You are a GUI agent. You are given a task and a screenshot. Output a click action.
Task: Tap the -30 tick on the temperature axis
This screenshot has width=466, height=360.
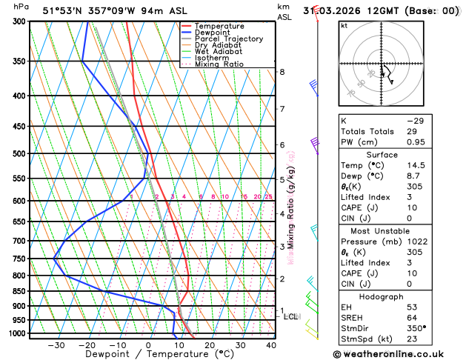(x=56, y=345)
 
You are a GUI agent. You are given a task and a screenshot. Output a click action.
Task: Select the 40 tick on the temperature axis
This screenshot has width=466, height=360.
(x=270, y=345)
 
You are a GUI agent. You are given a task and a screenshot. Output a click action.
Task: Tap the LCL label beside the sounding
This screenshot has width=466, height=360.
(x=291, y=317)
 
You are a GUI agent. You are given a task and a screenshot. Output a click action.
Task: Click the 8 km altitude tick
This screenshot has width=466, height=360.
(x=282, y=72)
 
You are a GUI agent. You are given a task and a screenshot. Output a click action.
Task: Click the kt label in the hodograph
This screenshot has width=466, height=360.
(x=344, y=26)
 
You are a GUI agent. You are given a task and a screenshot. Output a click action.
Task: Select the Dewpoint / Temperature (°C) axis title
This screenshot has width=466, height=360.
(x=148, y=354)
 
